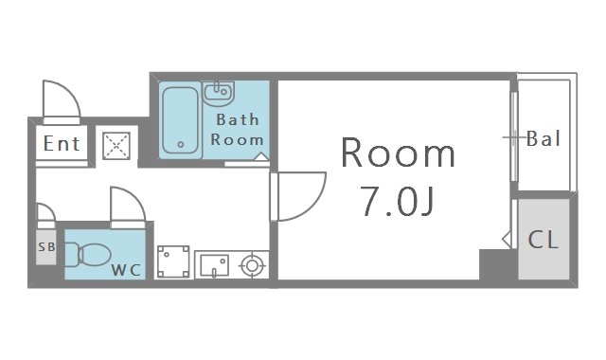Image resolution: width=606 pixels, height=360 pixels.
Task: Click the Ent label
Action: [62, 143]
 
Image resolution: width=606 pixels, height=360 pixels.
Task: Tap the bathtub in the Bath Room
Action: [180, 120]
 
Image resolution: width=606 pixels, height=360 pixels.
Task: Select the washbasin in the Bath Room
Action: [219, 93]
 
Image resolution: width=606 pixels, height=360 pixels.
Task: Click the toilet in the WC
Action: [88, 255]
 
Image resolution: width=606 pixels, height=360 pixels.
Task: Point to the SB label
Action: [46, 246]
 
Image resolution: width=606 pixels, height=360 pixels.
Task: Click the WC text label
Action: [126, 270]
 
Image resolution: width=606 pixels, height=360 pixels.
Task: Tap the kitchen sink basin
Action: [214, 265]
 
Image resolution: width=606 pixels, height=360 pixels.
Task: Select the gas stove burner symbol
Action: [252, 265]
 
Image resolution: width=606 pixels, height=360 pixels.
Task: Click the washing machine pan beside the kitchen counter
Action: [173, 261]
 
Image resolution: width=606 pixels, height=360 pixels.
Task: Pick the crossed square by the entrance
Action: [116, 146]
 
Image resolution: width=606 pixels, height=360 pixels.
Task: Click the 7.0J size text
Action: [398, 202]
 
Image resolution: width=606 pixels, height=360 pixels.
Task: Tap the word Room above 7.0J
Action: [398, 153]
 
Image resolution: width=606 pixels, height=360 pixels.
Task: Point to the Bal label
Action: [544, 138]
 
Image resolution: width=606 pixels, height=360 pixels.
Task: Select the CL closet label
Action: [543, 240]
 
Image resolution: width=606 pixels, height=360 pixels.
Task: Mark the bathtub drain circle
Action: [181, 145]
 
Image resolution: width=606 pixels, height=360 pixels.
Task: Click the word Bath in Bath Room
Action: [238, 119]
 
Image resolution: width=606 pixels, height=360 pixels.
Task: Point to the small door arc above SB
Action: [50, 208]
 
